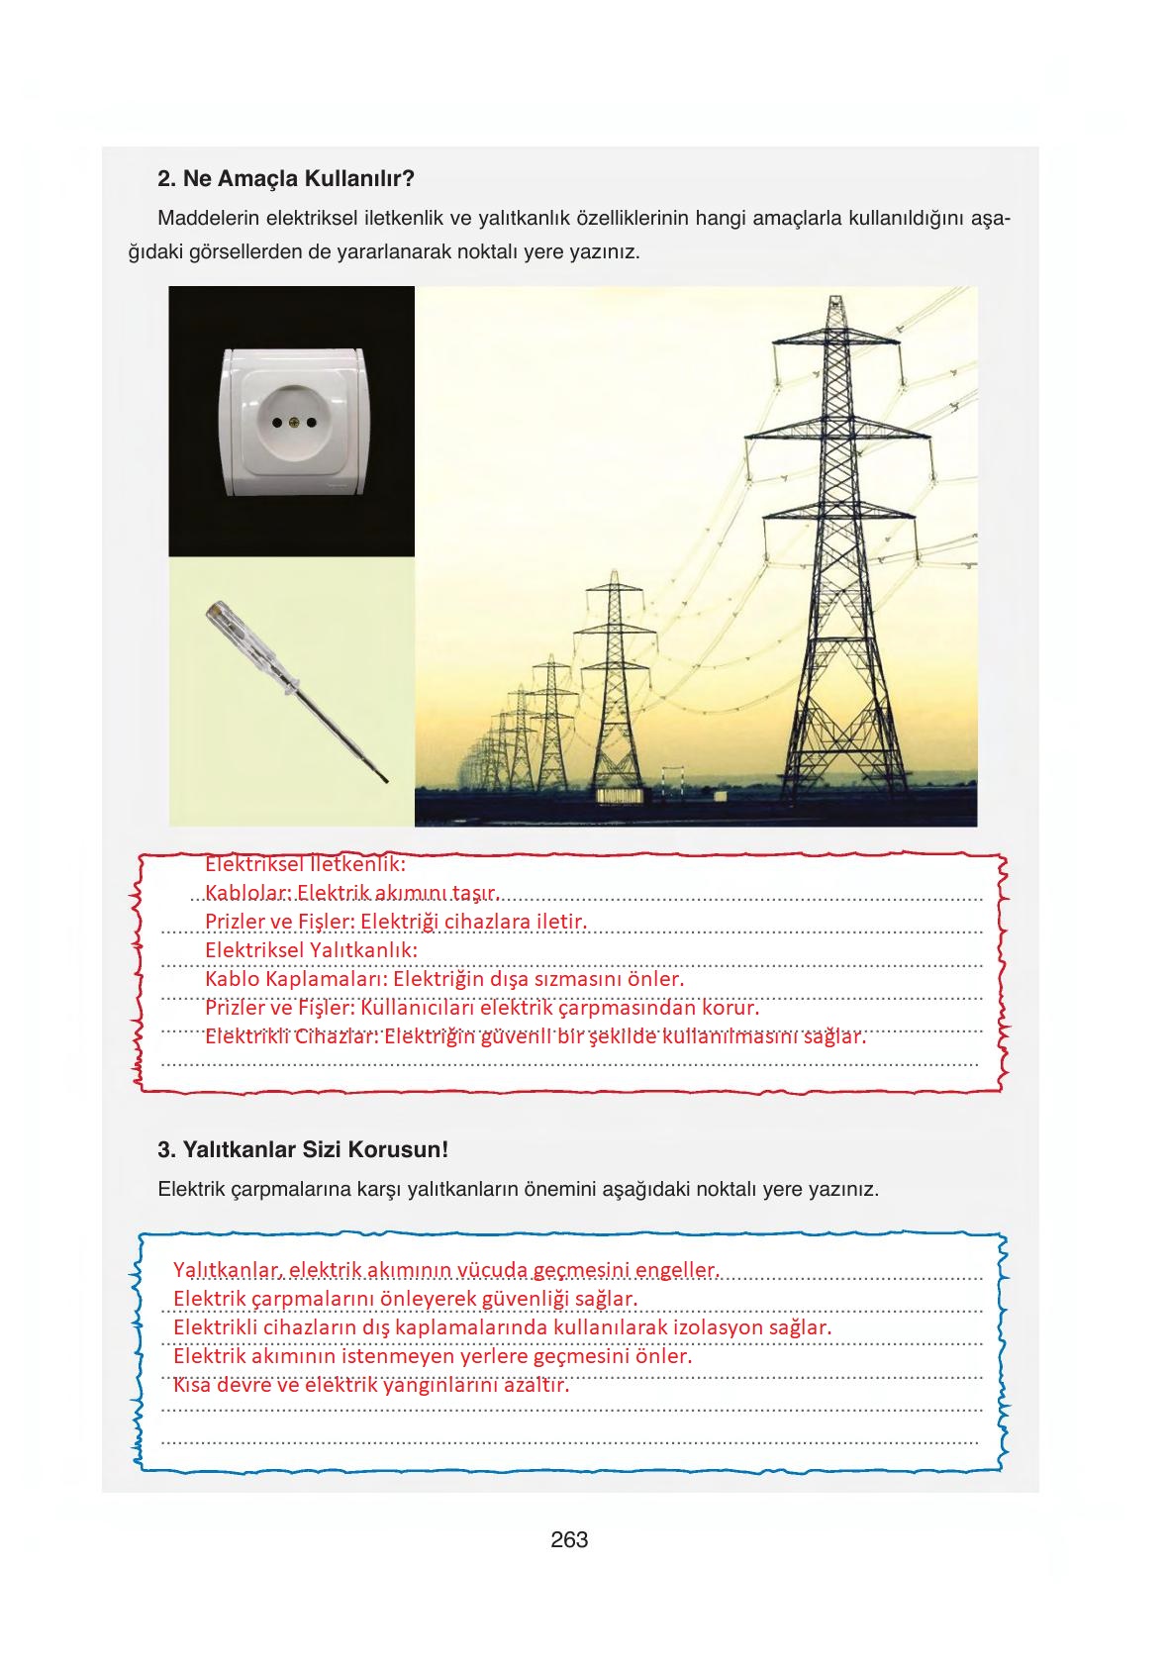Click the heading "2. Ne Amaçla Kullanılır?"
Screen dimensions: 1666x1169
(x=285, y=179)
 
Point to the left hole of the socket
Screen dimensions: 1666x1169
(x=277, y=424)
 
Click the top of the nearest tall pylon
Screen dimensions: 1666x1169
(x=836, y=302)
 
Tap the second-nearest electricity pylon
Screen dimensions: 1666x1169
(x=615, y=683)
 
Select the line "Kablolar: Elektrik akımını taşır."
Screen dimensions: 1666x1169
(x=351, y=893)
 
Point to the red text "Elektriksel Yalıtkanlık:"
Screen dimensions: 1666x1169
(x=311, y=950)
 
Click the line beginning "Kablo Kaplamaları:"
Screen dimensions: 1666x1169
(x=444, y=979)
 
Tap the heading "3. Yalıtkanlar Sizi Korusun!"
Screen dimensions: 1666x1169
(x=303, y=1150)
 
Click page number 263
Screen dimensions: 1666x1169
(x=569, y=1539)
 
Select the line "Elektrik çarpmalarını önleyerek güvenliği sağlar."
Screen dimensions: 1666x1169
(x=405, y=1298)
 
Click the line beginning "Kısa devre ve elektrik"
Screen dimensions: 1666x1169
(x=371, y=1385)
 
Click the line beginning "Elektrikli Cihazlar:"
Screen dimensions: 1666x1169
(x=535, y=1036)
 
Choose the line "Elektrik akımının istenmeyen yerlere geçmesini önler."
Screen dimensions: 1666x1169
(x=432, y=1355)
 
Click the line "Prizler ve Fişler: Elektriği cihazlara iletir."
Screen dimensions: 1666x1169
(x=396, y=922)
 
